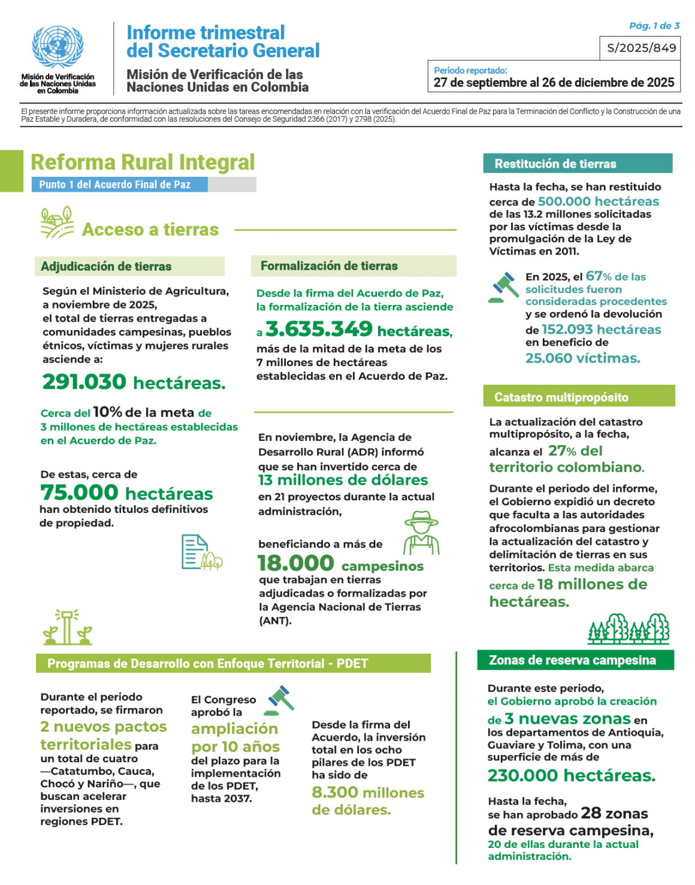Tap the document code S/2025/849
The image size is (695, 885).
pos(641,48)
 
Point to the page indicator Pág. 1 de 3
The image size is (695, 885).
pos(654,26)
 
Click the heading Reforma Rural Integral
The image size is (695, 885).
pos(143,162)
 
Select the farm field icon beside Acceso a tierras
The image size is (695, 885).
pos(57,222)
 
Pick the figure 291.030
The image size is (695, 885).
pos(84,382)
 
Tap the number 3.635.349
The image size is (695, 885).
pos(319,329)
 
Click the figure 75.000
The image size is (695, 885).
pos(80,493)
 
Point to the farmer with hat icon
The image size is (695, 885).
pos(421,533)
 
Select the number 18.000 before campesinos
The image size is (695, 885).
pos(296,563)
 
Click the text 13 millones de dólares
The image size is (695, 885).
pos(343,480)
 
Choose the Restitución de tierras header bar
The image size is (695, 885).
pos(577,164)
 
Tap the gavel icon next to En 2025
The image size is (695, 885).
pos(504,287)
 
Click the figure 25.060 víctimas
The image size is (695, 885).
pos(582,358)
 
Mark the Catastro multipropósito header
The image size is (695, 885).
pos(578,397)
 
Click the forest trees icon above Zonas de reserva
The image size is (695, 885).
pos(628,629)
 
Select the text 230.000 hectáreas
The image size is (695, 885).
pos(571,775)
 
